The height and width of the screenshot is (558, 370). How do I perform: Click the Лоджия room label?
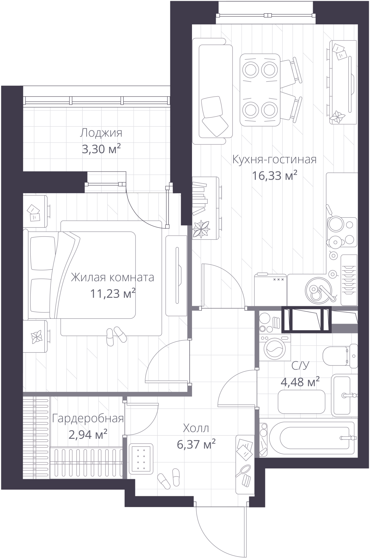[101, 133]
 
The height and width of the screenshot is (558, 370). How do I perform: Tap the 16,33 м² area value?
[274, 176]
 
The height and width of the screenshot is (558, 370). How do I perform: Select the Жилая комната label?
[112, 277]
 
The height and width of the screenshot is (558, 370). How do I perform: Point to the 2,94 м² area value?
[88, 435]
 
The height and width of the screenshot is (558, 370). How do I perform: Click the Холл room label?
[196, 428]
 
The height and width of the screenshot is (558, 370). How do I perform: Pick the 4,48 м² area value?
[300, 382]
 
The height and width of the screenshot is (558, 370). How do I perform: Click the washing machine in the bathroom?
[275, 347]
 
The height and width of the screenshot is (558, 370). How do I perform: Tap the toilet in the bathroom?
[340, 356]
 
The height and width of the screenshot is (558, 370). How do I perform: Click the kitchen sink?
[319, 290]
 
